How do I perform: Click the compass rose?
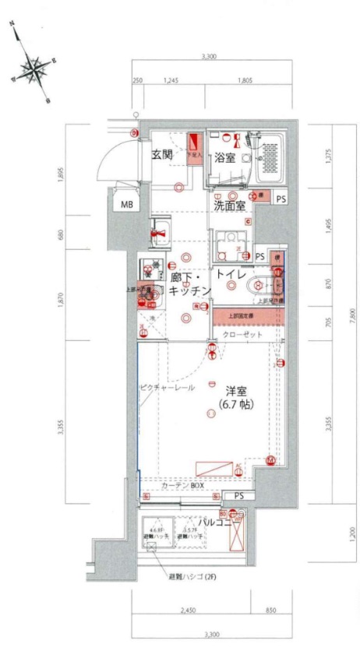coord(31,69)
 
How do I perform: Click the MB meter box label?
coord(125,205)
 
